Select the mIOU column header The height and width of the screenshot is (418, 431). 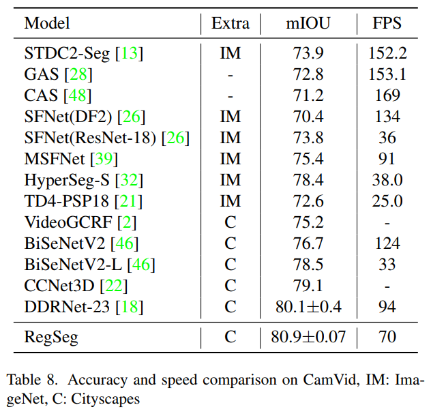[308, 24]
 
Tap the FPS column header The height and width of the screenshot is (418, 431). [387, 24]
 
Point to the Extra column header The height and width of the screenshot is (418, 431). [231, 24]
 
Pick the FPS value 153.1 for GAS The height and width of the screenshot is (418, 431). [387, 74]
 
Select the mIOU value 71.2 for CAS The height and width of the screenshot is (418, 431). [308, 95]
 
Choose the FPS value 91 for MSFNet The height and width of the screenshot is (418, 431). [387, 159]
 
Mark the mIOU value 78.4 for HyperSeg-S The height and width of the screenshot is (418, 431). [308, 180]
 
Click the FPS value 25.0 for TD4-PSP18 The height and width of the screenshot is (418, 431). [387, 201]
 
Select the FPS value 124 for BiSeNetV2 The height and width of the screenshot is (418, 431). [387, 243]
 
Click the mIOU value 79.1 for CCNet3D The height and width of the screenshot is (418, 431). [308, 286]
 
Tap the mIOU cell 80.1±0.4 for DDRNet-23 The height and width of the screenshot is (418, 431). [308, 307]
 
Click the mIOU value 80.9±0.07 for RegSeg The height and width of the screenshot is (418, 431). [308, 336]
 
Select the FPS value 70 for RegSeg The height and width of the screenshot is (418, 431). [387, 336]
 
